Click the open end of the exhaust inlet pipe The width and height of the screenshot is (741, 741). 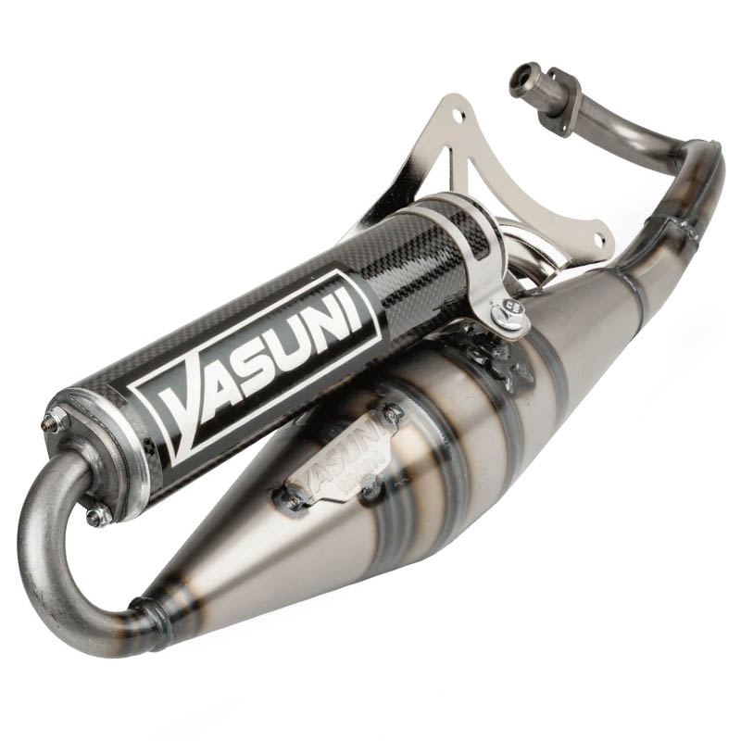(521, 81)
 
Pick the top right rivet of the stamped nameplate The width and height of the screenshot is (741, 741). (394, 419)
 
